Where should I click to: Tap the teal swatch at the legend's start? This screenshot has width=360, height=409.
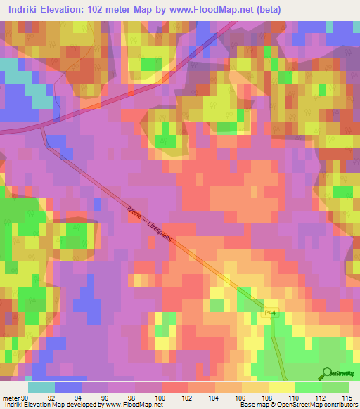(x=41, y=387)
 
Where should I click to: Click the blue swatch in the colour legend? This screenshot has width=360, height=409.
(x=68, y=387)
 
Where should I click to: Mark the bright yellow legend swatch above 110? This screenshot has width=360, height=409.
(x=281, y=387)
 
